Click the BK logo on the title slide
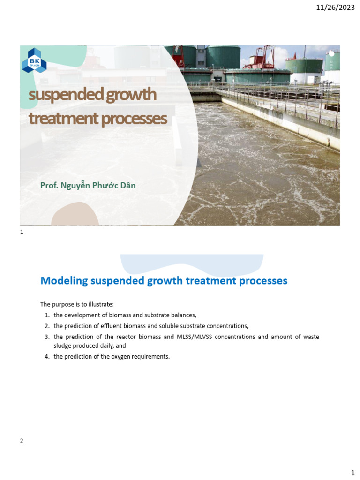click(34, 60)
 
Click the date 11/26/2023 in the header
click(335, 7)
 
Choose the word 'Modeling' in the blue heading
click(64, 281)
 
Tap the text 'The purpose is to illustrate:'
click(77, 304)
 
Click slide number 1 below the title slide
click(22, 232)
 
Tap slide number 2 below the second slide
click(22, 441)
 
